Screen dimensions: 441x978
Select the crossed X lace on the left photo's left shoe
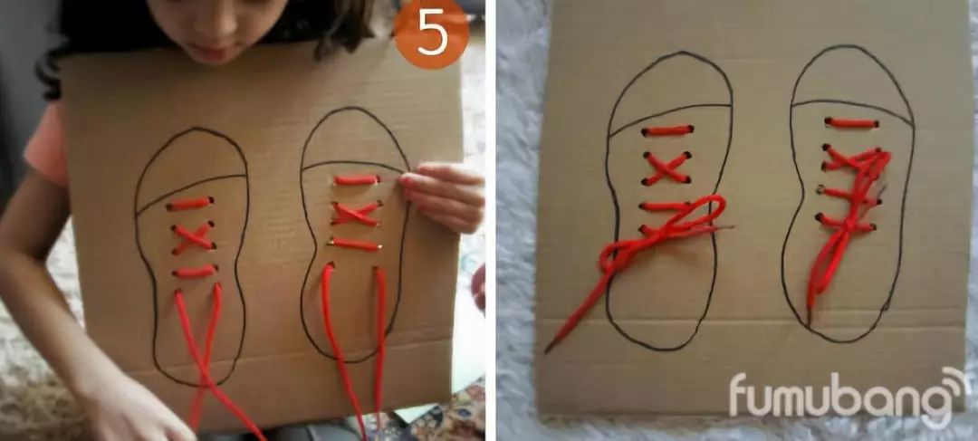pyautogui.click(x=192, y=237)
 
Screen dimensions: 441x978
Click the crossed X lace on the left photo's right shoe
pyautogui.click(x=356, y=214)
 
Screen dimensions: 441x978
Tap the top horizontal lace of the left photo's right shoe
pyautogui.click(x=356, y=180)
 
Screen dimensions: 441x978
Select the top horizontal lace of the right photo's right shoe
pyautogui.click(x=851, y=122)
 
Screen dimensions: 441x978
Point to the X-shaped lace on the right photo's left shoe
pyautogui.click(x=667, y=168)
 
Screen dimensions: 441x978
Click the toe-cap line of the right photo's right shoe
pyautogui.click(x=851, y=102)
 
